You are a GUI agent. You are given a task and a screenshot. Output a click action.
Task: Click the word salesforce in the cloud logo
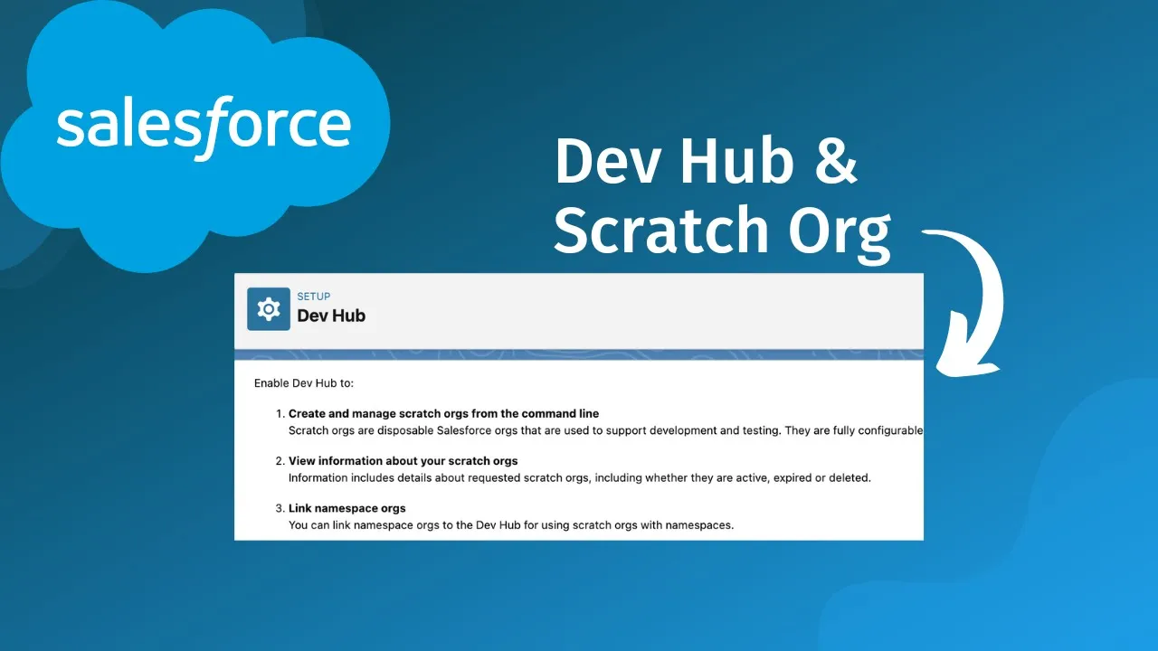pos(204,127)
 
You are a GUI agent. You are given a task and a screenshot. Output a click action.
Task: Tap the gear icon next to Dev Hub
pos(269,309)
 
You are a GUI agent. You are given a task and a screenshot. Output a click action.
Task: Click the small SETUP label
pos(313,297)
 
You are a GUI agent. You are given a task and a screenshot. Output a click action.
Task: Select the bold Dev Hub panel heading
pos(331,316)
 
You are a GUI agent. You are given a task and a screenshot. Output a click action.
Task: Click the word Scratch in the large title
pos(661,229)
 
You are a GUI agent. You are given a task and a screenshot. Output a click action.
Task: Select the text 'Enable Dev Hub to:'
pos(304,383)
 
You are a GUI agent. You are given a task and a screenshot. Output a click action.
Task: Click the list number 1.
pos(280,414)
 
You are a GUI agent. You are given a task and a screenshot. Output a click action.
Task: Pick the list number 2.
pos(280,461)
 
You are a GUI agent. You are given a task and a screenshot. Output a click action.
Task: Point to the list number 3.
pos(280,508)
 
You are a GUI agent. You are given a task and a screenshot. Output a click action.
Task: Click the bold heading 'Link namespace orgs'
pos(346,508)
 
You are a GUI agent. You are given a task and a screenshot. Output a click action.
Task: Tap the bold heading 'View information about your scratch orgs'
pos(403,461)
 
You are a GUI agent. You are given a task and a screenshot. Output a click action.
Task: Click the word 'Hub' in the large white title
pos(736,161)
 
